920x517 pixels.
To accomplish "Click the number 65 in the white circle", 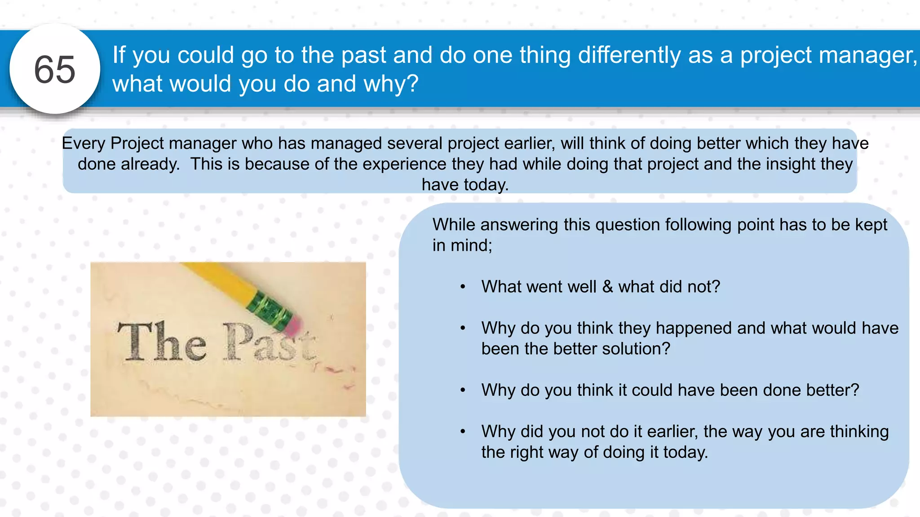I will pos(55,70).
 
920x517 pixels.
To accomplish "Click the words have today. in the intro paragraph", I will pos(465,185).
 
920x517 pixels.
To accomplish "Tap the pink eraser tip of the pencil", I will pos(294,326).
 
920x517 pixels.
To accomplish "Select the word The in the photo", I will pos(162,342).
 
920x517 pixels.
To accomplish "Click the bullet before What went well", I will pos(463,287).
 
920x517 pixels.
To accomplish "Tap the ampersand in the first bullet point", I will pos(607,287).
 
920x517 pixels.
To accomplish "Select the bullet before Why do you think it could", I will pos(463,390).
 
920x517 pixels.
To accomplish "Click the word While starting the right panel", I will pos(454,225).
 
